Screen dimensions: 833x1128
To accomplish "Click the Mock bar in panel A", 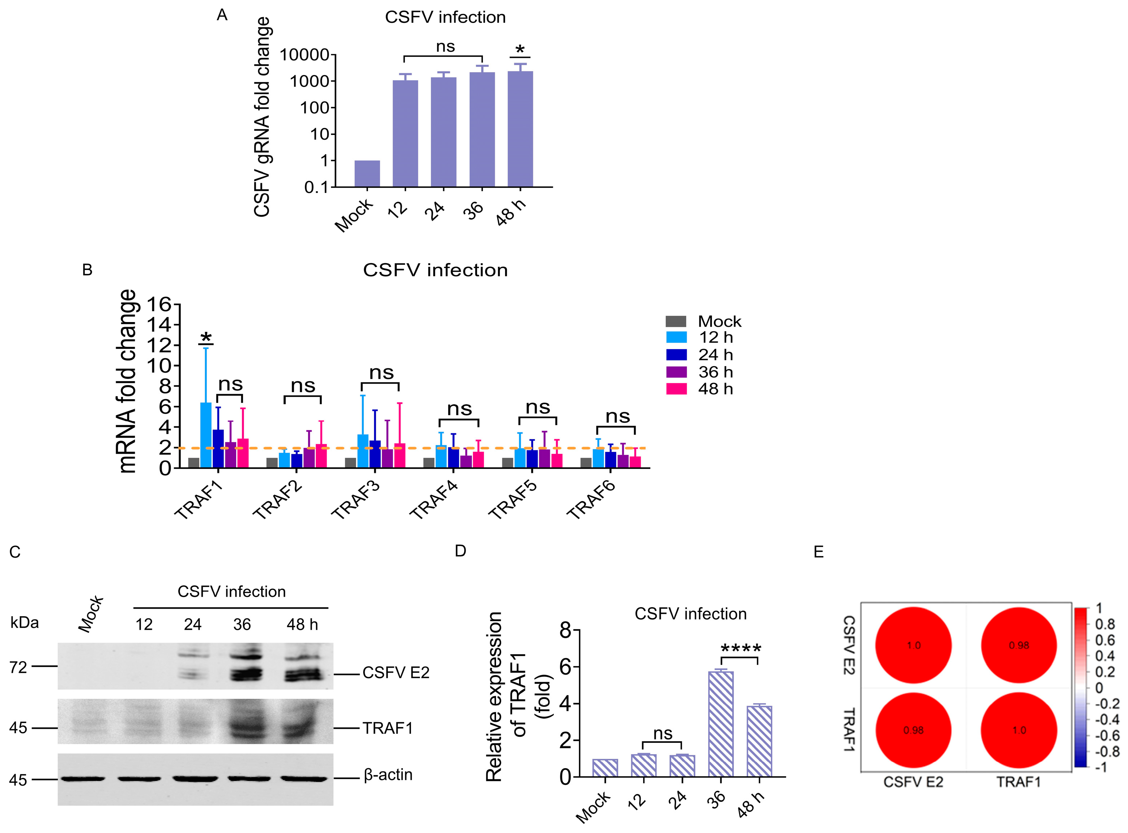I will pyautogui.click(x=367, y=174).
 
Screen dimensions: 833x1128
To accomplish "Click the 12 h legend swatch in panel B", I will pyautogui.click(x=677, y=337).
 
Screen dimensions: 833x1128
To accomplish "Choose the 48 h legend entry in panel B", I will pyautogui.click(x=715, y=389).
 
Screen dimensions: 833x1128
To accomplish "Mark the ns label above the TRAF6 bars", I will pyautogui.click(x=618, y=416).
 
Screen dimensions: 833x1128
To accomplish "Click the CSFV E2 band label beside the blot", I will pyautogui.click(x=396, y=673).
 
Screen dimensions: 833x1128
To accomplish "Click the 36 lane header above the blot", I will pyautogui.click(x=242, y=625).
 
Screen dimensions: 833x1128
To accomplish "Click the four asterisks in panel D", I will pyautogui.click(x=741, y=648).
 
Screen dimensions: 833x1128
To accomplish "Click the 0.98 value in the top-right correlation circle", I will pyautogui.click(x=1019, y=646).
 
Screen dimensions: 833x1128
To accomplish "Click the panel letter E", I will pyautogui.click(x=819, y=552).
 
